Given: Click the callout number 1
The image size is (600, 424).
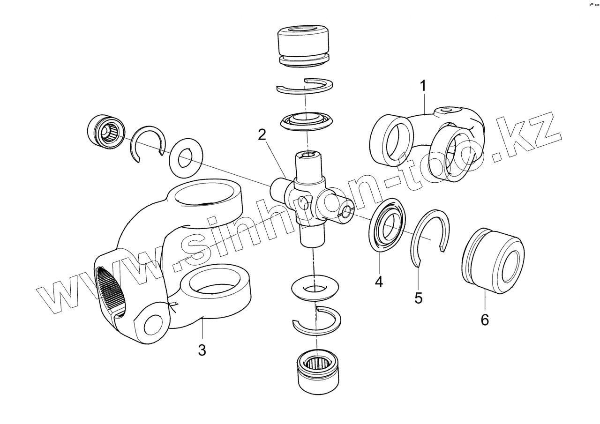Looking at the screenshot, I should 423,87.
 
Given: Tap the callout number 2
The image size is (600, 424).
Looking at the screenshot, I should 262,135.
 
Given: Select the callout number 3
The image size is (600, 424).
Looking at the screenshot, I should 202,350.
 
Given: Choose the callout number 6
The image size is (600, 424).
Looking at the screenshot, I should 485,320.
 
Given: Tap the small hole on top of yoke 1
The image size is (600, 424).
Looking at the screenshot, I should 446,111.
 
